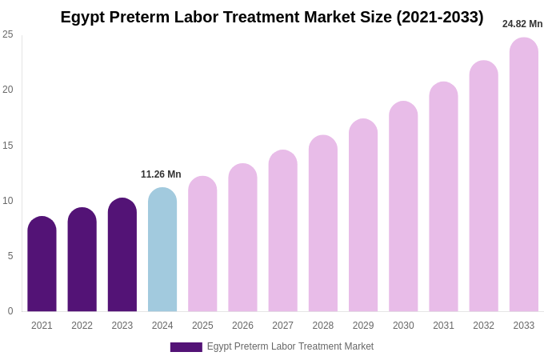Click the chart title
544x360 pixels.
click(x=272, y=17)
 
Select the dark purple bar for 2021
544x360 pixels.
click(x=42, y=264)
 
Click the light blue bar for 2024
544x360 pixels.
click(x=162, y=250)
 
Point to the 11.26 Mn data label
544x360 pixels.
click(x=161, y=174)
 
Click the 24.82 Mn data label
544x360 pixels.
click(x=522, y=24)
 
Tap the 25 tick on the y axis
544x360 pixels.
click(x=8, y=34)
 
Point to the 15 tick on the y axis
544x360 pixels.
click(x=8, y=146)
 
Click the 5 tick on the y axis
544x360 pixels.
click(x=10, y=256)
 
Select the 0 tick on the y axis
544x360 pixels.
click(x=10, y=311)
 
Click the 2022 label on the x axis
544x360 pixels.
click(x=82, y=326)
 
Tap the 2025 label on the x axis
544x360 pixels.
click(x=202, y=326)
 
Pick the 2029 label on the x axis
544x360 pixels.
click(x=363, y=326)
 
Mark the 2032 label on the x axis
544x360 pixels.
click(x=483, y=326)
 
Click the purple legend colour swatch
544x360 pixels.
click(x=186, y=347)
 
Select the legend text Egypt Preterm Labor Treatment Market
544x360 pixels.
click(x=290, y=346)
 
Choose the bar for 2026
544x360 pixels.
click(x=242, y=238)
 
